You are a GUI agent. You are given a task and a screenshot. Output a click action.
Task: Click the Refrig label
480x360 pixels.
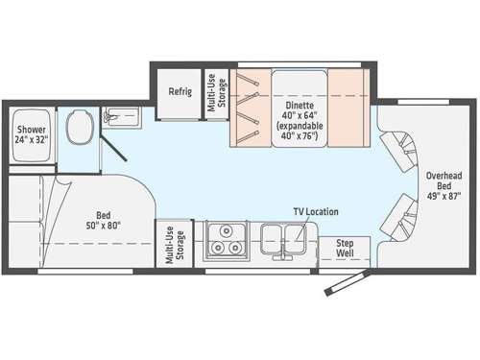click(180, 92)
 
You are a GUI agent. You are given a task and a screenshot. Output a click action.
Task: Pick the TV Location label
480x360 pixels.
click(315, 211)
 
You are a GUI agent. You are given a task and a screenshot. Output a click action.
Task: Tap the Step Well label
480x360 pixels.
click(345, 249)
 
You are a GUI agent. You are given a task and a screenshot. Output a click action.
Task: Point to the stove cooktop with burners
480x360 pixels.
click(224, 239)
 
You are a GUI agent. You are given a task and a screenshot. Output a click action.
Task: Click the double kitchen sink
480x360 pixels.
click(282, 237)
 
